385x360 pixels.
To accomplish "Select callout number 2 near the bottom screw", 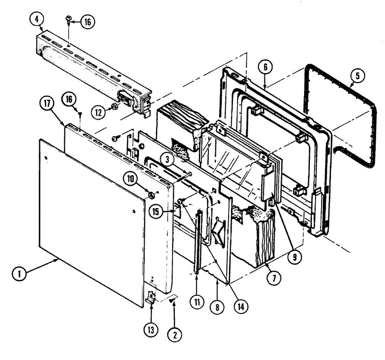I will pos(175,335).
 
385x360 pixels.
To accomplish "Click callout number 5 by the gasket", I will pos(357,76).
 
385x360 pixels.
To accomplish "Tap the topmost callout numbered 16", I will pos(87,22).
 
